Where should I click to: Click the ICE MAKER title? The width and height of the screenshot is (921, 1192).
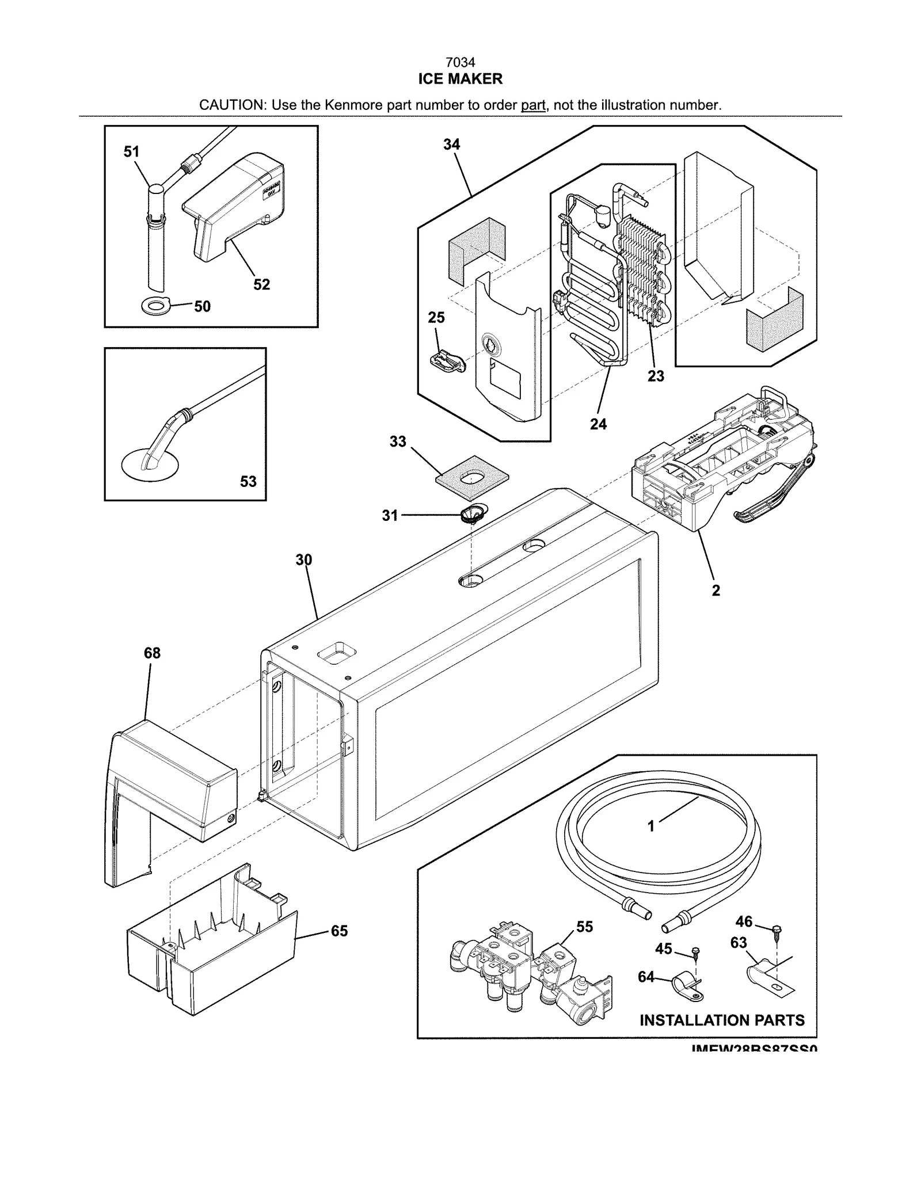coord(460,79)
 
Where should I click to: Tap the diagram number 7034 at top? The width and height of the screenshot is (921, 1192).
coord(460,62)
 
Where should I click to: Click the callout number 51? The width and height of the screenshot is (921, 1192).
coord(131,152)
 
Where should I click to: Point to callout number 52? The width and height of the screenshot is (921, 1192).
coord(261,284)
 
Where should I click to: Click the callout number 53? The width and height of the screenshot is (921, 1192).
coord(248,481)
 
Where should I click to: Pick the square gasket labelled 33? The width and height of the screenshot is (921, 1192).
coord(472,476)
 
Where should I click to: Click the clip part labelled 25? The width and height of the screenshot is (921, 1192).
coord(446,361)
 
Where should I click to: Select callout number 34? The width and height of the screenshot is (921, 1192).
coord(451,144)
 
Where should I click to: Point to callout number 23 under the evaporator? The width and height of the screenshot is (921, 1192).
coord(656,376)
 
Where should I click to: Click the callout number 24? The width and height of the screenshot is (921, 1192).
coord(598,424)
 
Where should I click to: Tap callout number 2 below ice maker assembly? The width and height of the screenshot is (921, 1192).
coord(716,590)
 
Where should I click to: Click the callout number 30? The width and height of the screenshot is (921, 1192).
coord(304,559)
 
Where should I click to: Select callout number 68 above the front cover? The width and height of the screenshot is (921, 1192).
coord(152,653)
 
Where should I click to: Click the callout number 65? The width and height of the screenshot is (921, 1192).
coord(339,931)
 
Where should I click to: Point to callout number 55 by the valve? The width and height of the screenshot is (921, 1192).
coord(584,927)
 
